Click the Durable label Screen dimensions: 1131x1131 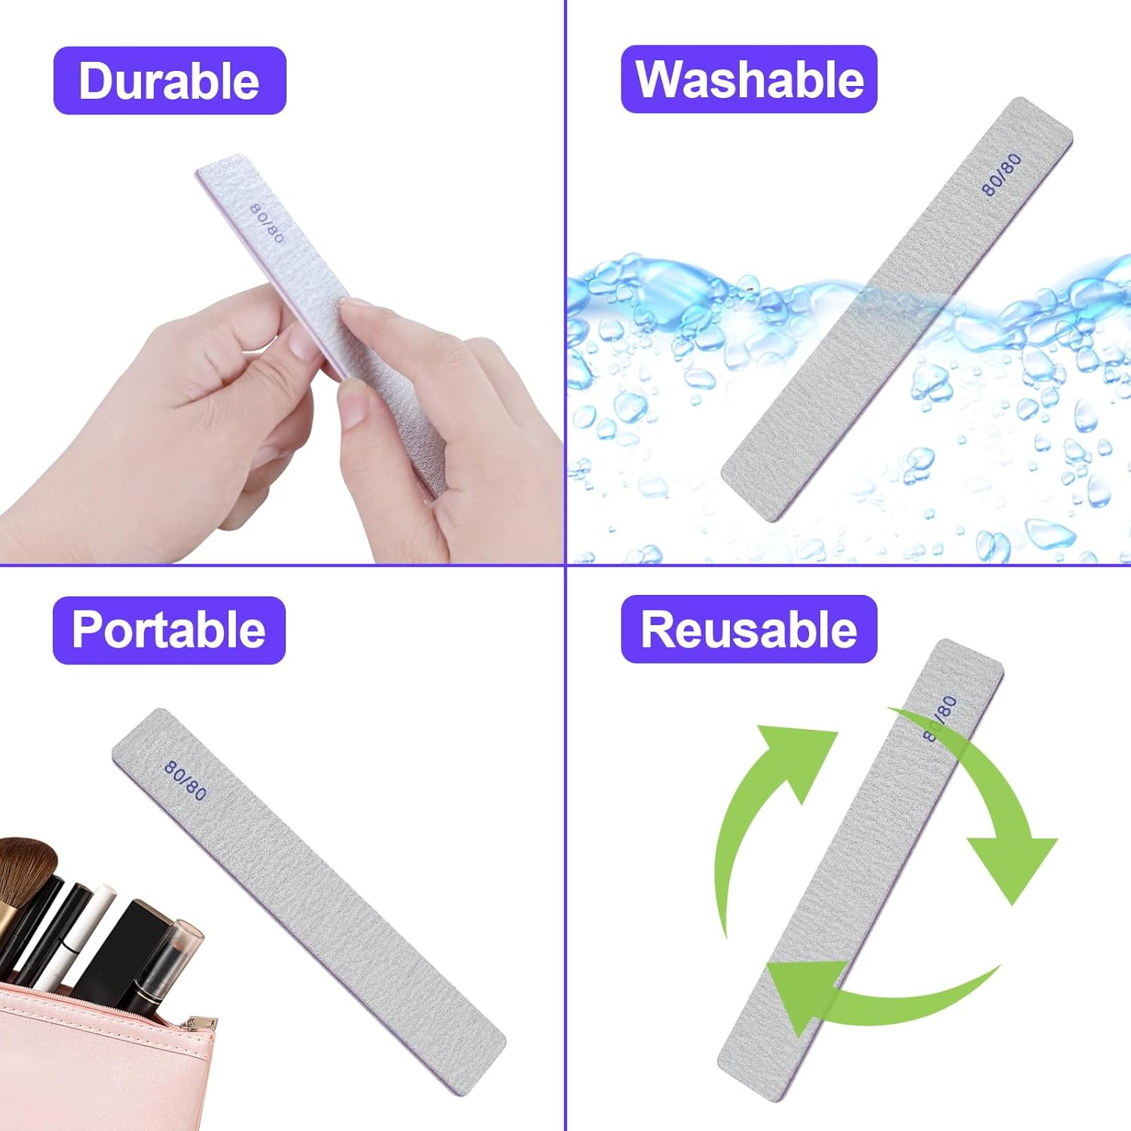(x=170, y=81)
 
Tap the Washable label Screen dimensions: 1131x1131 (x=749, y=79)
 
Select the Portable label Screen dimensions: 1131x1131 (x=169, y=630)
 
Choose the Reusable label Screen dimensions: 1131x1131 (x=749, y=629)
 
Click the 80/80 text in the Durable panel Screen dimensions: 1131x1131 (x=267, y=223)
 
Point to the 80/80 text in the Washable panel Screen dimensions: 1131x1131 (x=1001, y=174)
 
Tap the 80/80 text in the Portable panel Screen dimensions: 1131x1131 (x=185, y=780)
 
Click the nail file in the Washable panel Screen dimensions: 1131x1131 (x=897, y=309)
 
